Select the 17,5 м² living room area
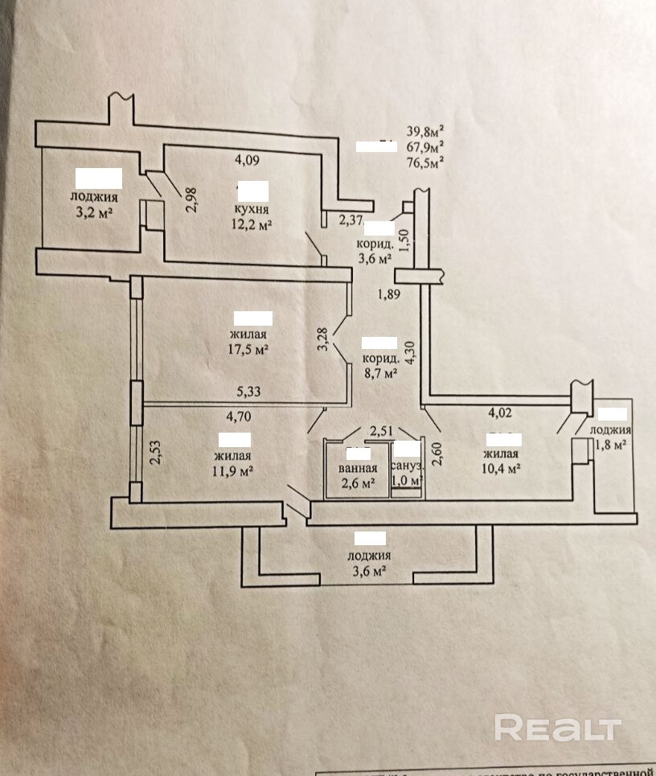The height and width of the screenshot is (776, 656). (x=248, y=350)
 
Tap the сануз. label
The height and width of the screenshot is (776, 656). (x=407, y=466)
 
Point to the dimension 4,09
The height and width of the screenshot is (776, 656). (x=247, y=159)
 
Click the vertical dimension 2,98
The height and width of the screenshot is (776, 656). (x=191, y=199)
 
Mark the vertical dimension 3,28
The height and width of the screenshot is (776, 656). (x=322, y=338)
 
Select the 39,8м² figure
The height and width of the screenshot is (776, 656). (x=426, y=130)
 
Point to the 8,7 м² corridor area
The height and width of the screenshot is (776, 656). (x=380, y=373)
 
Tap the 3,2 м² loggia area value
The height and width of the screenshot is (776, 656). (x=94, y=213)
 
